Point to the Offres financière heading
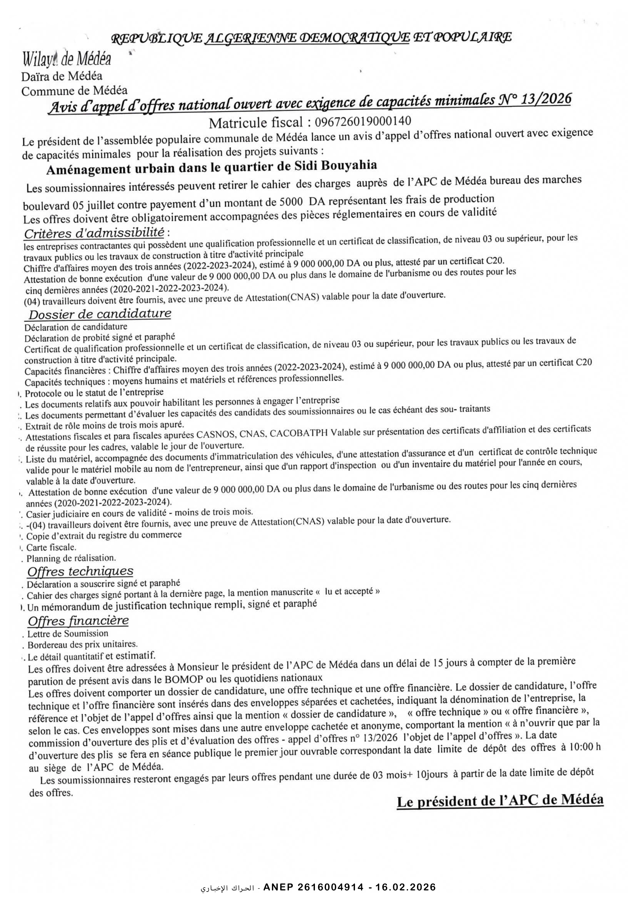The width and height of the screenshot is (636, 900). click(78, 621)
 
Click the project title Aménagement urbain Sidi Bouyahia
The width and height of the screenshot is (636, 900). click(212, 167)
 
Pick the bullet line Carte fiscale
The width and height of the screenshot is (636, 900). click(51, 547)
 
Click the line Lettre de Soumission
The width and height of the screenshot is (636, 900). click(67, 633)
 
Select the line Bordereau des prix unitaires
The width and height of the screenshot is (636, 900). click(82, 644)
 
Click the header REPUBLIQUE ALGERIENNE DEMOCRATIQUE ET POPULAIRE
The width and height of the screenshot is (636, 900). click(312, 38)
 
